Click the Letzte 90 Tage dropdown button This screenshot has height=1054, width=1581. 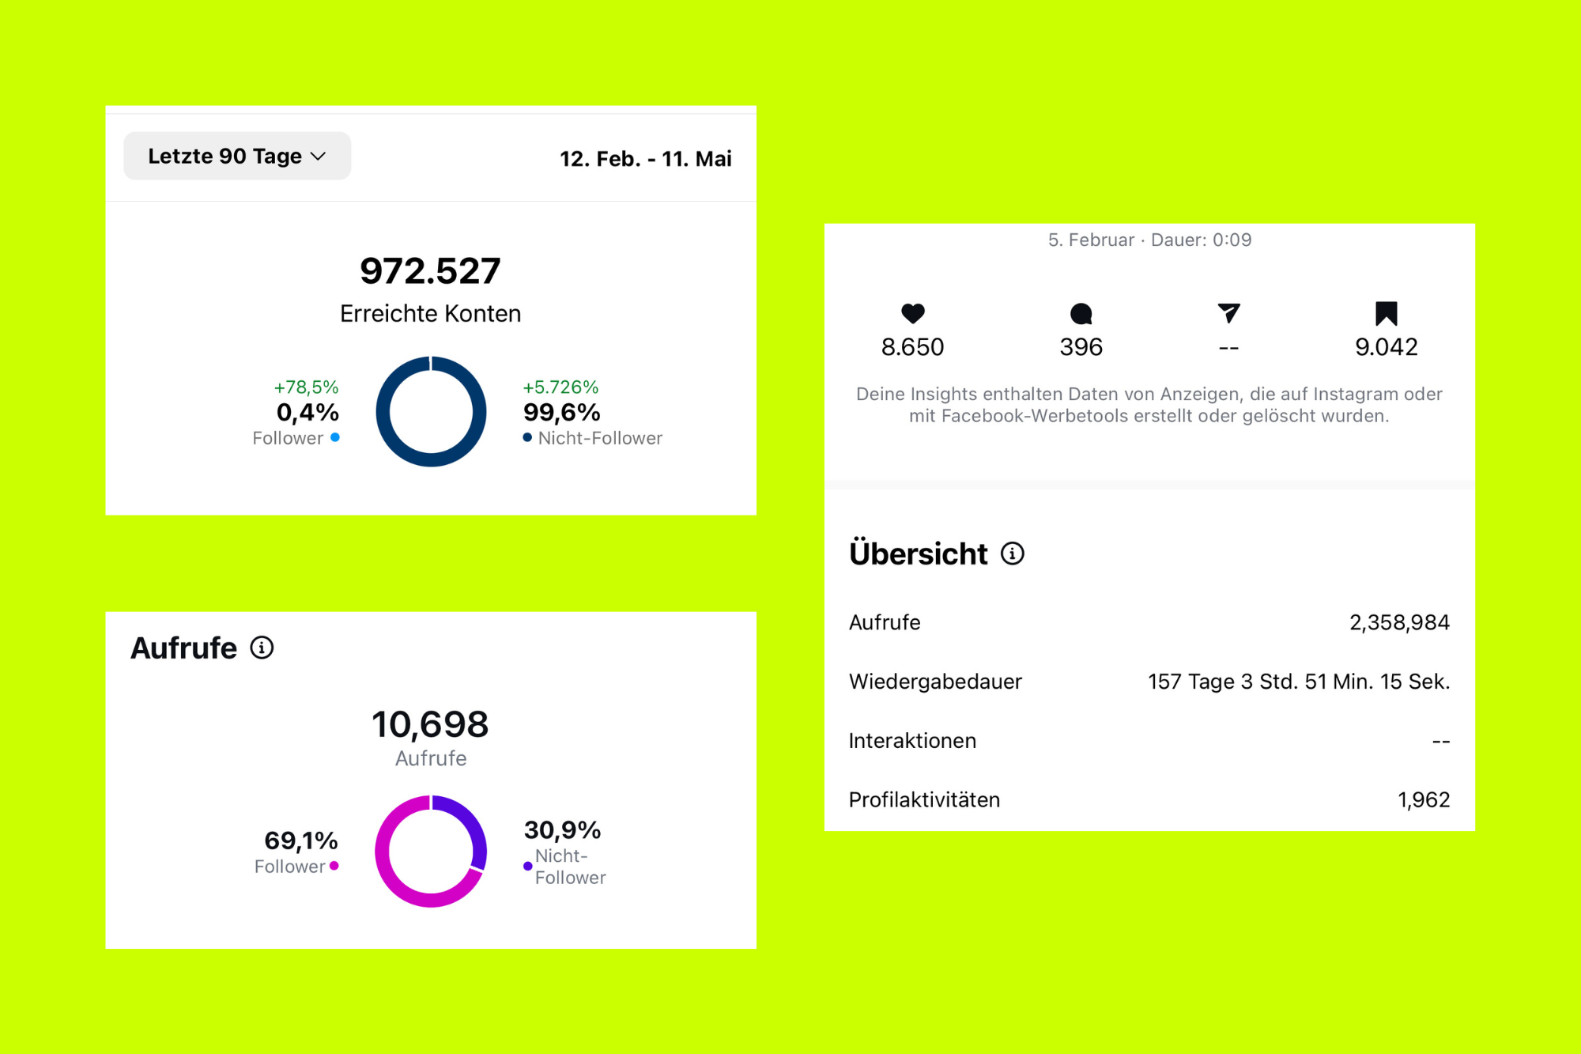tap(236, 156)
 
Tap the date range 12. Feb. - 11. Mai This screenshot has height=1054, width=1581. tap(645, 159)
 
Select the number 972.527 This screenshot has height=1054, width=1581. tap(430, 271)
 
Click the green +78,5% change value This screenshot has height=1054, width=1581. tap(306, 387)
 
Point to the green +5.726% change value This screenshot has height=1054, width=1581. tap(560, 387)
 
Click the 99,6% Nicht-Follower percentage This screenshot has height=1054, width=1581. tap(561, 412)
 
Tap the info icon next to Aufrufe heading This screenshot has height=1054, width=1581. tap(262, 648)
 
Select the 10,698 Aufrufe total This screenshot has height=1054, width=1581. tap(430, 724)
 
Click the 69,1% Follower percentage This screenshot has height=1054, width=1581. tap(300, 840)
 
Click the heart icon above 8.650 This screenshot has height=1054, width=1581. tap(912, 314)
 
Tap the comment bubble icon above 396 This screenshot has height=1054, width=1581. tap(1081, 314)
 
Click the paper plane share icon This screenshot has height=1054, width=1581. tap(1228, 313)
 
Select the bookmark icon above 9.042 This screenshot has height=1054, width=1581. tap(1386, 314)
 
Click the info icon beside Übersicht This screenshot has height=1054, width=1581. tap(1012, 553)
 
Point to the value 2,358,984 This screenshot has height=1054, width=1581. tap(1398, 622)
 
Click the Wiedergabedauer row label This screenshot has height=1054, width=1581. tap(935, 682)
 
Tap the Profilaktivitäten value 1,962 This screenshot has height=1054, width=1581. tap(1423, 800)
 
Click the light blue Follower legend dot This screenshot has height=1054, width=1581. tap(335, 437)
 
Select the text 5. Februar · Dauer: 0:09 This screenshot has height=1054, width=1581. tap(1149, 240)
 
